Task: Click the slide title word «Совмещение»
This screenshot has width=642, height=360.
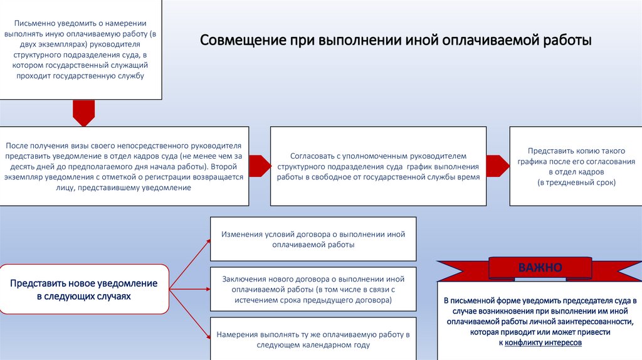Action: click(x=243, y=42)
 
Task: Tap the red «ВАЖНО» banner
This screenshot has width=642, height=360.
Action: click(x=540, y=268)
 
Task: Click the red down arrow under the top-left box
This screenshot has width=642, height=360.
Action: click(x=83, y=114)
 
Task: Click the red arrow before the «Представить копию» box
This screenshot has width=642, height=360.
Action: click(x=497, y=166)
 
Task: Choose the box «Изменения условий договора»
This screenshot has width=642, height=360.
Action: click(x=313, y=239)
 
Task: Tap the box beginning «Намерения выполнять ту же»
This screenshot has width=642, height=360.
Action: click(x=313, y=339)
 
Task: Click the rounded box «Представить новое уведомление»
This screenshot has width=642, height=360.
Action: click(x=84, y=289)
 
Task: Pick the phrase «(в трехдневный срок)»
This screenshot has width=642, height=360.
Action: click(x=576, y=183)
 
